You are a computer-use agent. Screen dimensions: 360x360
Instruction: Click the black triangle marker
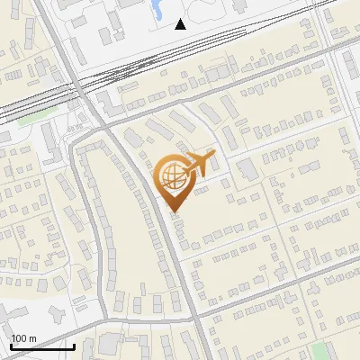(x=181, y=24)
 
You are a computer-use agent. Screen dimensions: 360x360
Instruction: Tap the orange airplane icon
(x=200, y=164)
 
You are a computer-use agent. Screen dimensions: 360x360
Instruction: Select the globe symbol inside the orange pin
(x=172, y=174)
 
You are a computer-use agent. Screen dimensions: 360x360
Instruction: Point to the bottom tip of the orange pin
(x=174, y=212)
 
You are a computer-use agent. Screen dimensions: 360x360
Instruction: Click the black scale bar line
(x=42, y=347)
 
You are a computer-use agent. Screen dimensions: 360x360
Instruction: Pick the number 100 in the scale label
(x=19, y=338)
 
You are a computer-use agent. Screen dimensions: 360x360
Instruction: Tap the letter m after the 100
(x=32, y=338)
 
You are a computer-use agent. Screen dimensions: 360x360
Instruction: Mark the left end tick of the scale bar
(x=11, y=346)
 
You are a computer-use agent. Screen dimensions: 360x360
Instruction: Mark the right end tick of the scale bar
(x=74, y=346)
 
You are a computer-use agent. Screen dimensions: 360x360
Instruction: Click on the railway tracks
(x=135, y=67)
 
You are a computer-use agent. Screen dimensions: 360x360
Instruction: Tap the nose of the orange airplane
(x=214, y=155)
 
